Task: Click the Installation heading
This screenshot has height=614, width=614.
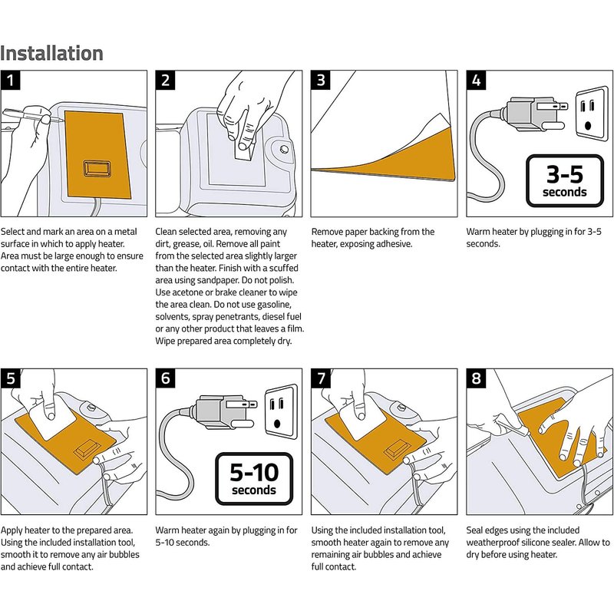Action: [51, 53]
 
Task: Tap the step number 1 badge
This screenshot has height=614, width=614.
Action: [10, 81]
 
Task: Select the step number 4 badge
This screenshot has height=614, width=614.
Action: [476, 81]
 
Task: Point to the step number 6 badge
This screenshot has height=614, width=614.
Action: [166, 378]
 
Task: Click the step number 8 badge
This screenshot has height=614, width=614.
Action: [476, 378]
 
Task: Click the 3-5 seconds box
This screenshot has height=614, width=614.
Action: [565, 181]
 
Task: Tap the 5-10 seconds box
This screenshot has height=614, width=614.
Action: [254, 479]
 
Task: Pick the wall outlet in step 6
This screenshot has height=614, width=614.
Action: [281, 411]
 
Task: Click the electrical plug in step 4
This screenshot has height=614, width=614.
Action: [534, 114]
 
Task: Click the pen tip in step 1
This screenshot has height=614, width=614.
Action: [61, 120]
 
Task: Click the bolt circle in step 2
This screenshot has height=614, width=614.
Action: [284, 149]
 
